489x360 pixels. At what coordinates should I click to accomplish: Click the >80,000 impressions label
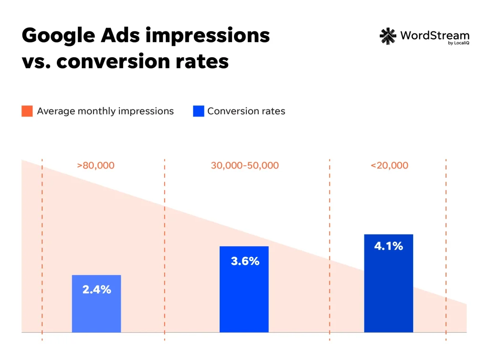click(96, 166)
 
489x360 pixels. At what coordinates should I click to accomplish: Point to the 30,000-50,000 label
click(244, 166)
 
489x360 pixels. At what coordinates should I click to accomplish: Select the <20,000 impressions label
click(389, 166)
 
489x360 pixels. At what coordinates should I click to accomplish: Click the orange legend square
click(27, 111)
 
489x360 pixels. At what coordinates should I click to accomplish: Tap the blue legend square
click(198, 111)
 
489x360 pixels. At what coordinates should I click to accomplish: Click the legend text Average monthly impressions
click(105, 111)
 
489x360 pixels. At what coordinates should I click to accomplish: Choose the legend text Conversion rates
click(246, 111)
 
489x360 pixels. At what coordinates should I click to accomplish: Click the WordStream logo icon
click(387, 36)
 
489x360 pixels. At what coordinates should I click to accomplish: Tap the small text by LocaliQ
click(458, 44)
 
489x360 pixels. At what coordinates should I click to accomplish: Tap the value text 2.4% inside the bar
click(96, 289)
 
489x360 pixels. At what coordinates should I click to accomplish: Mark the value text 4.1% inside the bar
click(388, 246)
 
